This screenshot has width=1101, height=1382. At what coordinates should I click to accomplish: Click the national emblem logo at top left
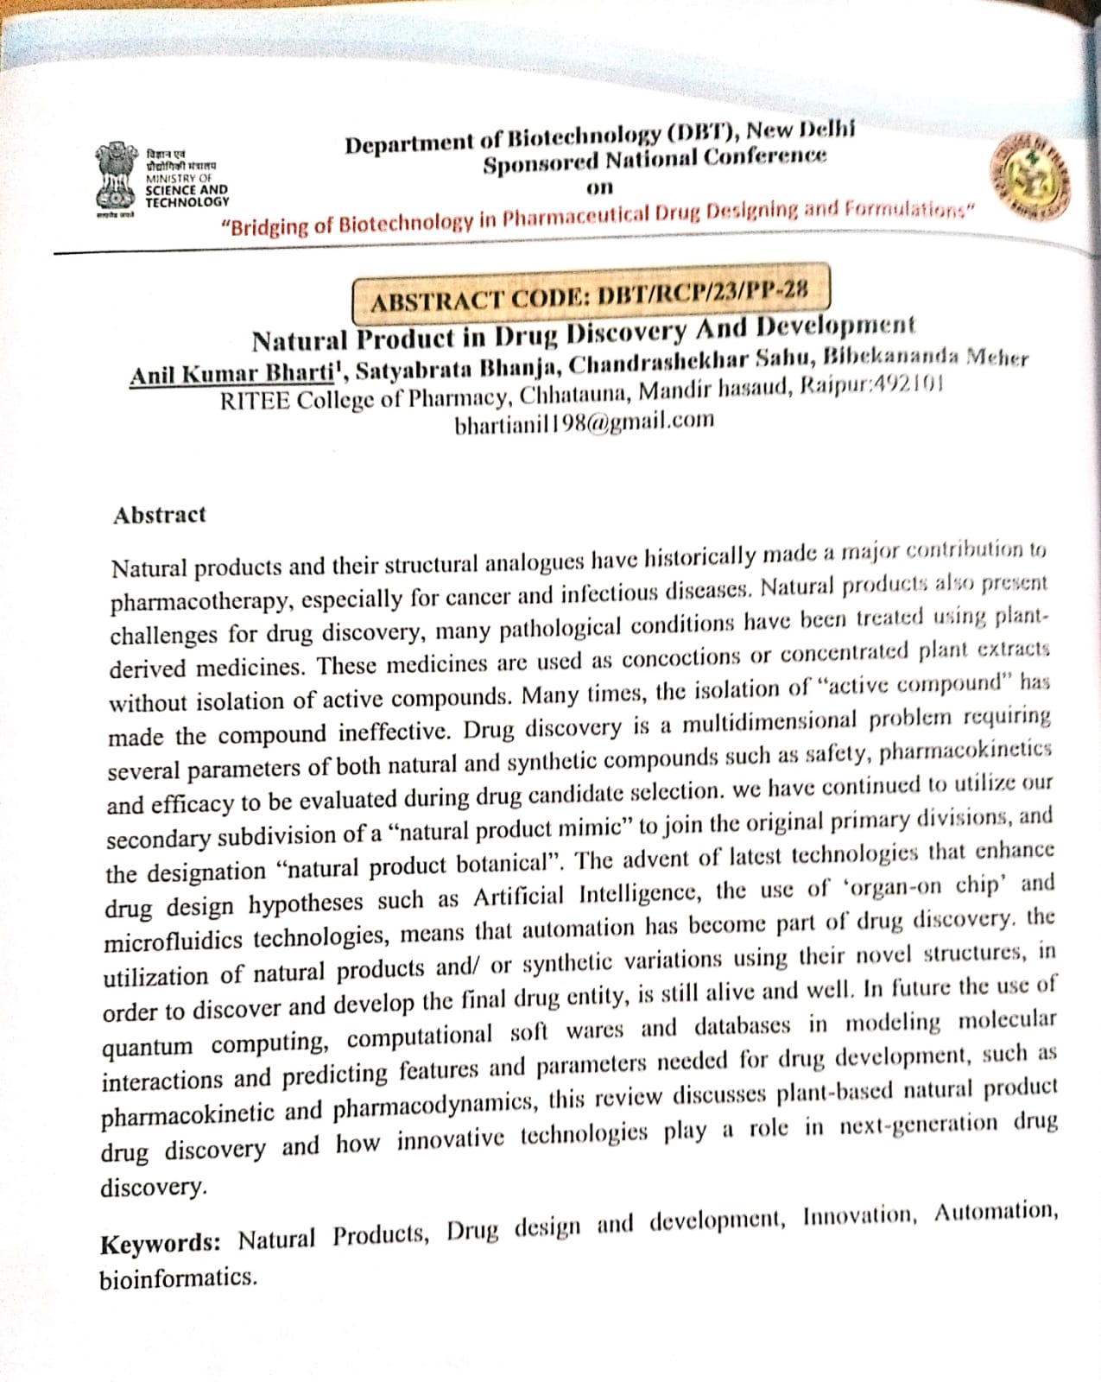116,177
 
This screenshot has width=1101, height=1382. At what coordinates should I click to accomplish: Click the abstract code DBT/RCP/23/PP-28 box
591,293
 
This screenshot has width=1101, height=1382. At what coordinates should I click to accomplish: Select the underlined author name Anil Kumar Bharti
232,374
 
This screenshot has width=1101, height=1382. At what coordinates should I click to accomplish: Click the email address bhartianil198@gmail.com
584,422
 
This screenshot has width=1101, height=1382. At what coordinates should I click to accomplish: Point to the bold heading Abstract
160,515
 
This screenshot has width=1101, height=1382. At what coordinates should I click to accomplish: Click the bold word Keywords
160,1244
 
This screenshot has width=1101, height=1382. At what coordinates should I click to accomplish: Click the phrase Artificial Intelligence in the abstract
590,895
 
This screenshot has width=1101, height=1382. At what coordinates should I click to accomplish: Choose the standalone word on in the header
599,187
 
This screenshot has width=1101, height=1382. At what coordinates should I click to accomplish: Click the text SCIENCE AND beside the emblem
187,190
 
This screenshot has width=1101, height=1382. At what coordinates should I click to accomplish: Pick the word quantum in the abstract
148,1047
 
